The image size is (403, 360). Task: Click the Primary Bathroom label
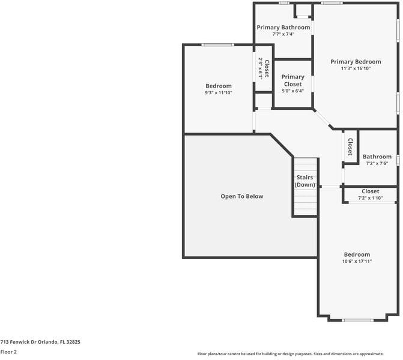coord(283,27)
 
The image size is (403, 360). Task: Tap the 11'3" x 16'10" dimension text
coord(356,68)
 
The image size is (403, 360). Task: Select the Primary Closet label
coord(292,80)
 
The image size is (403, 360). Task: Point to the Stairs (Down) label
coord(305,181)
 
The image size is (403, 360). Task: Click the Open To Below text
coord(242,196)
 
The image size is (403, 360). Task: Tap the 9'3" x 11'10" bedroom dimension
coord(219,92)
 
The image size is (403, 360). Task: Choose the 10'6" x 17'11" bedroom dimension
coord(357,261)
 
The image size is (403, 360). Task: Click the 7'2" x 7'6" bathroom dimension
coord(377,163)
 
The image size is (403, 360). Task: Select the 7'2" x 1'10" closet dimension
coord(371,198)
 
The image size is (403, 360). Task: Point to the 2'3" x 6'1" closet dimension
coord(260,68)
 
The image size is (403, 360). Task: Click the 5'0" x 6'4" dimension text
coord(292,91)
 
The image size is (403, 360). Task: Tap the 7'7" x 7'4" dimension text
coord(283,34)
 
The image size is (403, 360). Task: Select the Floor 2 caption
coord(8,352)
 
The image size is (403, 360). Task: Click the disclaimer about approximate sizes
coord(291,354)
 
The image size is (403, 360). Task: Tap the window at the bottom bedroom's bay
coord(357,320)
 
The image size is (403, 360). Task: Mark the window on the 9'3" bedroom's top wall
coord(217,45)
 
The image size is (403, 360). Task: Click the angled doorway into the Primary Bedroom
coord(323,119)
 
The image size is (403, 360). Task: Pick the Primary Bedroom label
coord(356,62)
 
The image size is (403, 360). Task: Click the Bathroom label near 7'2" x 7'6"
coord(377,157)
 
